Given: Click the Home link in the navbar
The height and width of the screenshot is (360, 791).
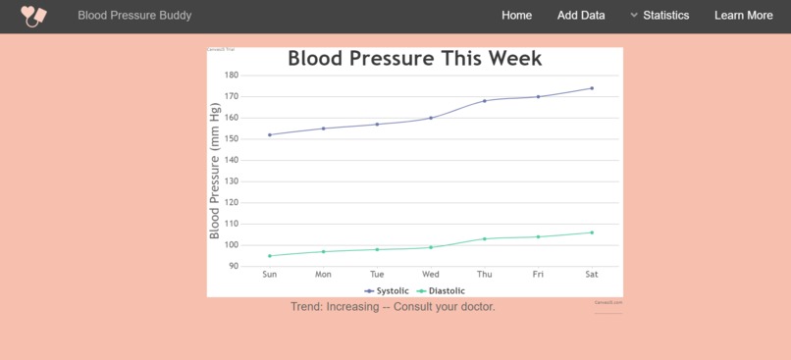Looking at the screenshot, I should pos(516,16).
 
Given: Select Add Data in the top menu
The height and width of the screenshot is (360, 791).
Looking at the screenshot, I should pos(581,16).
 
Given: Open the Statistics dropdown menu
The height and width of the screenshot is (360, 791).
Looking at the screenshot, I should pos(659,16).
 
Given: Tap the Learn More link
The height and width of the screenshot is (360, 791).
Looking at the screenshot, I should pos(743,16).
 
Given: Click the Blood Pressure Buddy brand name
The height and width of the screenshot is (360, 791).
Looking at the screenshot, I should pos(134,16).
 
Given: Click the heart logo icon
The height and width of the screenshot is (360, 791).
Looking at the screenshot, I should pos(34,16).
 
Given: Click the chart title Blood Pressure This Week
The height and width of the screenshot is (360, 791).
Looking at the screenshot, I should pos(414,59).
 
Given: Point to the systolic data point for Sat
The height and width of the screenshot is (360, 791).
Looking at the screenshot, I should pos(592,88).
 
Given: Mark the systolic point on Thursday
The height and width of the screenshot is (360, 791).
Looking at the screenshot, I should pos(485,101).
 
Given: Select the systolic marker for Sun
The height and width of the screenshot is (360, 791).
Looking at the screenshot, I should pos(270,134).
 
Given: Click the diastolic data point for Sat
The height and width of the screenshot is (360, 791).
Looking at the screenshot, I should pos(592,232).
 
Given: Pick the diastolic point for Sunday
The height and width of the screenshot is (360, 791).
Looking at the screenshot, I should pos(270,256).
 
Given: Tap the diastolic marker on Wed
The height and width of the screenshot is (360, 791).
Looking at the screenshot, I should pos(431,247).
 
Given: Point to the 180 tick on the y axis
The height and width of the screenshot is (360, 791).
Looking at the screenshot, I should pos(232,76).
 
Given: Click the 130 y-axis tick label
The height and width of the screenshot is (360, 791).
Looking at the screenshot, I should pos(232,181).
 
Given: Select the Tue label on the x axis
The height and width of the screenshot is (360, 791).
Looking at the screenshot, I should pos(377,275).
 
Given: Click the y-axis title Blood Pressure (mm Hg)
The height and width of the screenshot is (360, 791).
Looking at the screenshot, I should pos(215,172).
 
